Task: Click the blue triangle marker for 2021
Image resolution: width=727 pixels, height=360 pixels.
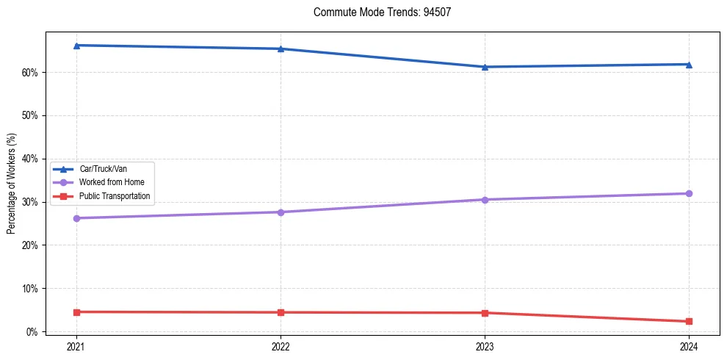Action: [76, 46]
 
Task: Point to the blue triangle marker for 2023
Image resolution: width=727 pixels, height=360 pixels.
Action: [485, 67]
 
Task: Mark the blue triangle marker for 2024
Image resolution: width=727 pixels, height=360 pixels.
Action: [689, 64]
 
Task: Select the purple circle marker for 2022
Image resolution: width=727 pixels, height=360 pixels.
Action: [281, 212]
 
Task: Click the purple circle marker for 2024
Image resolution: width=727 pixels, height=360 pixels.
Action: [689, 193]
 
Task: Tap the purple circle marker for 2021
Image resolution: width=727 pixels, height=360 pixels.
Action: [76, 218]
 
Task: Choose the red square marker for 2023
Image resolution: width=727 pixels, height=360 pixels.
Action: [485, 313]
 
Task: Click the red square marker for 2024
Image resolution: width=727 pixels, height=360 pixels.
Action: [689, 321]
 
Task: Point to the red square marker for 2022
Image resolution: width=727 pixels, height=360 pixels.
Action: [281, 312]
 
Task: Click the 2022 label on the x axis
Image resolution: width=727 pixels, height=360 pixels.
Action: [281, 346]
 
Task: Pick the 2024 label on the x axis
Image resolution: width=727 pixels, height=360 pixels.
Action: [689, 346]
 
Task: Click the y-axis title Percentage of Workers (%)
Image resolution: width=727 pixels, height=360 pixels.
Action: [11, 184]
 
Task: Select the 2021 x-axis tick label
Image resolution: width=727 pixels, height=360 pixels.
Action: [76, 346]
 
